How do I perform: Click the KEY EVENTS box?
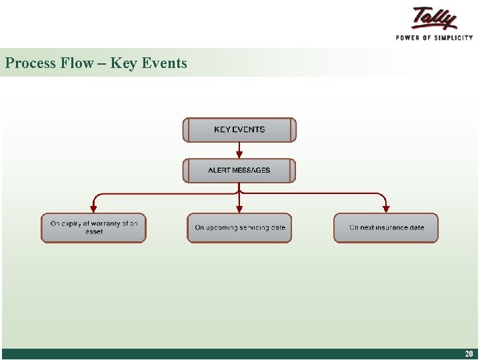coord(239,130)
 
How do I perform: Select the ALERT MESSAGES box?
coord(239,171)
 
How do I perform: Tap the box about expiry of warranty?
coord(93,228)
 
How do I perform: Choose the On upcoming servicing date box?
coord(239,228)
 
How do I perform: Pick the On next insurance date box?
coord(386,228)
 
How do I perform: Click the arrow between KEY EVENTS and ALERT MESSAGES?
coord(239,150)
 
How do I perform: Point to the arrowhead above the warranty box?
coord(93,208)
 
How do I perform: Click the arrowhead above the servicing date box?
coord(239,208)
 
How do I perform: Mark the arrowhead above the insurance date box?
coord(386,208)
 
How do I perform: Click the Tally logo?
coord(435,18)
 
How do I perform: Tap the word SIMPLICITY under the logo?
coord(450,38)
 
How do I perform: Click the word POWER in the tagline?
coord(409,38)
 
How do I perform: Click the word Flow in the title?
coord(77,63)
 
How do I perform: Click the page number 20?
coord(469,354)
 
